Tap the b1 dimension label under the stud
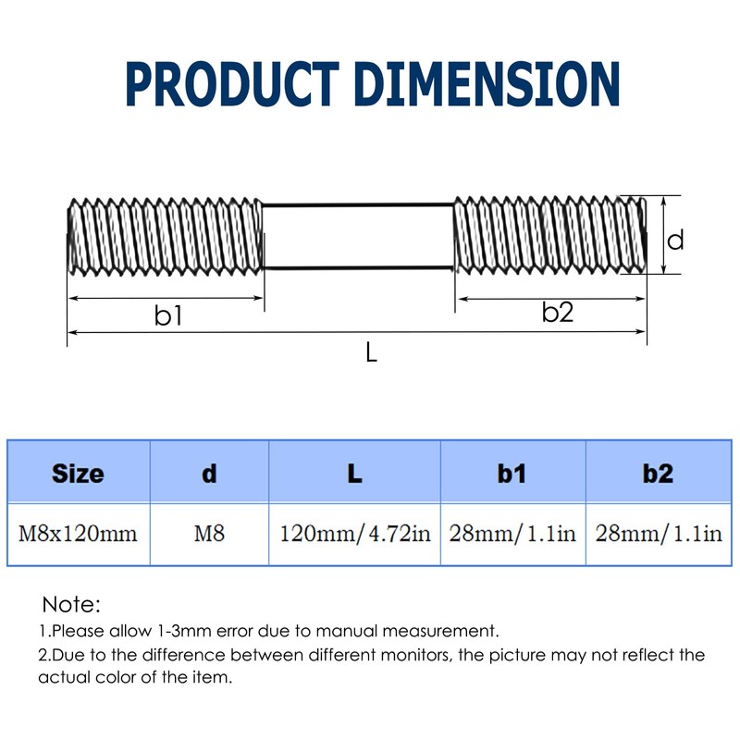(x=167, y=316)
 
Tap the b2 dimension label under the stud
(x=558, y=313)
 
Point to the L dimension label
(x=370, y=352)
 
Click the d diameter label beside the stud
(x=676, y=240)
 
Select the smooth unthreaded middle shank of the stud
(x=359, y=236)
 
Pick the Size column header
(x=78, y=474)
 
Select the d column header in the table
(x=209, y=474)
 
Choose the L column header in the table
(x=354, y=474)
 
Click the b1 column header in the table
(x=512, y=474)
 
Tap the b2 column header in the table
(x=658, y=474)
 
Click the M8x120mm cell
(x=78, y=534)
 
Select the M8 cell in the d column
(x=209, y=534)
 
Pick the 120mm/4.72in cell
(x=355, y=534)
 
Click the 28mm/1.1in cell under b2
(x=659, y=534)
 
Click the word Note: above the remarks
(x=71, y=606)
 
